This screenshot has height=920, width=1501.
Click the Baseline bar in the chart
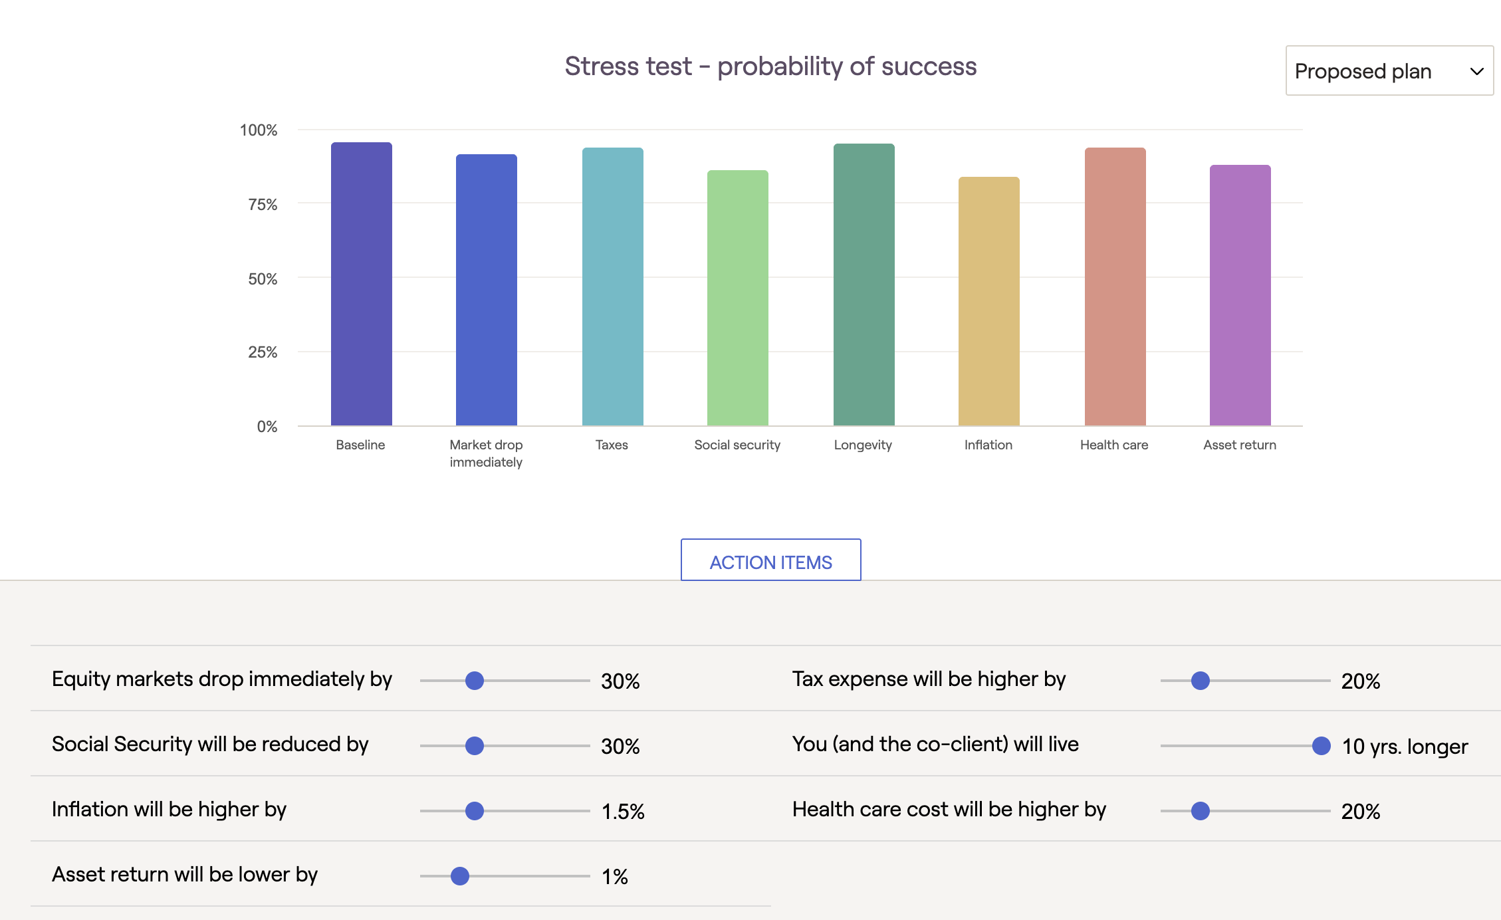[362, 284]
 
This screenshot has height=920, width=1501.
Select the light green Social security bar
[738, 298]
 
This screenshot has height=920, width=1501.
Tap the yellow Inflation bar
[989, 301]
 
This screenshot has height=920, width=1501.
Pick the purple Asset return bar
[1240, 295]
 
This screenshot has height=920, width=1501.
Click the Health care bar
[1115, 287]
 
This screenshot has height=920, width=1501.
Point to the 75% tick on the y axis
[263, 204]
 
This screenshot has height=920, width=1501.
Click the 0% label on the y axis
[267, 426]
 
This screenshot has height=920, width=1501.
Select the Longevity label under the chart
[863, 445]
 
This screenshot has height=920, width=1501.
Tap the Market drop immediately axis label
[486, 453]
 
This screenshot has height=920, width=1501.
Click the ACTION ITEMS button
[771, 560]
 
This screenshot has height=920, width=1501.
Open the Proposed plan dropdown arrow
[1477, 71]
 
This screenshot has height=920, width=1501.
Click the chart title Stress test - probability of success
[770, 66]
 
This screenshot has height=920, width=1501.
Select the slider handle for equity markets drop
[475, 681]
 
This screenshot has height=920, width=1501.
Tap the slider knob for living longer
[1322, 746]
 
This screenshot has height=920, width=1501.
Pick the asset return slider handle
[460, 876]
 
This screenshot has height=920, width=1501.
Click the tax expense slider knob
[1201, 681]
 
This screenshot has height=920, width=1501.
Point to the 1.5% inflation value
[623, 811]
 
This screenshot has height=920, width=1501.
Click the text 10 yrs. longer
[1405, 747]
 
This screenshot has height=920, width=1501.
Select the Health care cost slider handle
[1201, 811]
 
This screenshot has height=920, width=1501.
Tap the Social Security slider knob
[475, 746]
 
